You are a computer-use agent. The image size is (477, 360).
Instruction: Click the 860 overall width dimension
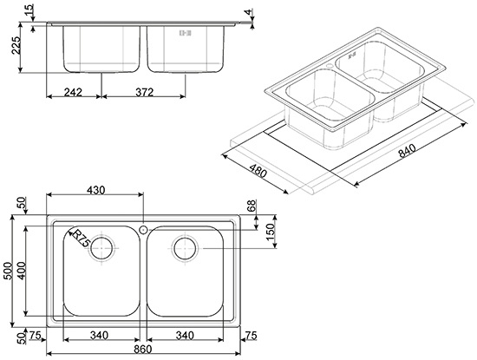tap(142, 349)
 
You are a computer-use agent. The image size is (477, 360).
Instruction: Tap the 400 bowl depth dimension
tap(22, 271)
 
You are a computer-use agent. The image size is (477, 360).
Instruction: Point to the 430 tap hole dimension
tap(95, 190)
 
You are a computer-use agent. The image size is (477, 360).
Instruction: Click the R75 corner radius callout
tap(81, 239)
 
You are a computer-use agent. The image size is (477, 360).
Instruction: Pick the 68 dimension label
tap(252, 206)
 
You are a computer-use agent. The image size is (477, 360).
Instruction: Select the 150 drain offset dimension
tap(270, 231)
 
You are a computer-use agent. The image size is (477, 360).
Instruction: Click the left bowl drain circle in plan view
tap(102, 247)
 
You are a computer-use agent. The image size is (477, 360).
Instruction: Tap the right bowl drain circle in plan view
tap(185, 248)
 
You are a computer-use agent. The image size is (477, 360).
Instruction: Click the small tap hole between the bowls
tap(143, 230)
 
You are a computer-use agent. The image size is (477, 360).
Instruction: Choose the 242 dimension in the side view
tap(73, 92)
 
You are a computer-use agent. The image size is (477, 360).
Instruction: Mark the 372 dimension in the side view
tap(144, 92)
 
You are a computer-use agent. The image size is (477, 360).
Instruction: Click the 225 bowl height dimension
tap(16, 45)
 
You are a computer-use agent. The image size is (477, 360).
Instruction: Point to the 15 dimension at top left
tap(28, 10)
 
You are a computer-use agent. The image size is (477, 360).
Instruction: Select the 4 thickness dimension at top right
tap(249, 12)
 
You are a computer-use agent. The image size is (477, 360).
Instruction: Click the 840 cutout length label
tap(407, 151)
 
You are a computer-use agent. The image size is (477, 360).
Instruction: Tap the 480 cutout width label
tap(258, 171)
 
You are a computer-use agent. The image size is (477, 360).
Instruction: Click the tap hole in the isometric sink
tap(330, 65)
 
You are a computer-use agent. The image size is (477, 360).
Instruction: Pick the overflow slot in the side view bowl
tap(186, 33)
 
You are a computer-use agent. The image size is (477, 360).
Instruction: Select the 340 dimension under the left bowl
tap(99, 336)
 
